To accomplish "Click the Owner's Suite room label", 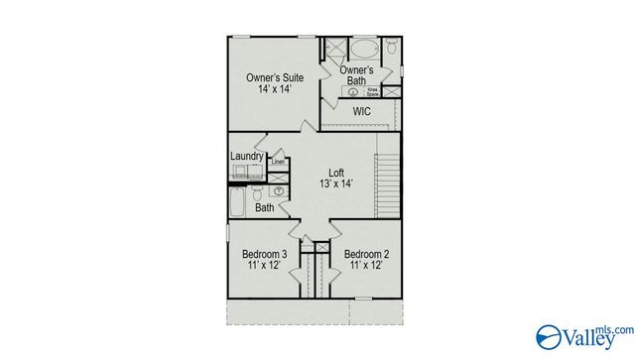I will coord(275,76).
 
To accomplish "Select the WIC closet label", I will coord(361,112).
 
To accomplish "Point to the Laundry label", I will coord(246,156).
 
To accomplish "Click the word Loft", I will coord(337,171).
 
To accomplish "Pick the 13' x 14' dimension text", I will coord(337,183).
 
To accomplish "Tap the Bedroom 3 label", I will coord(264,254).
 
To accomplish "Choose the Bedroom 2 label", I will coord(366,254).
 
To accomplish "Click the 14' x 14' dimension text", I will coord(275,90).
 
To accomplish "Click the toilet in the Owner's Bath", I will coord(393,48).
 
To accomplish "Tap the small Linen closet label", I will coord(279,162).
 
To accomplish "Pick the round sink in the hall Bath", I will coord(279,191).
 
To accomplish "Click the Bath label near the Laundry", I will coord(264,208).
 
